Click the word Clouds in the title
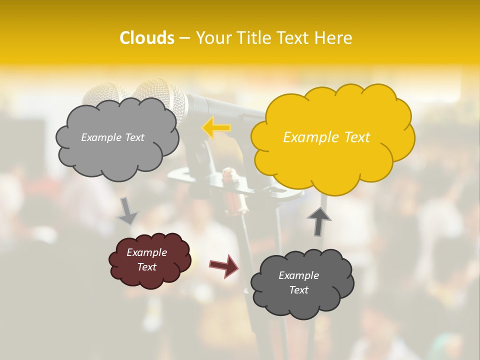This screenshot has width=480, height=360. click(x=147, y=38)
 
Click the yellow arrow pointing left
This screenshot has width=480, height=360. click(x=216, y=128)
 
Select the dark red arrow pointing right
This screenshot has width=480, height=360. click(x=224, y=265)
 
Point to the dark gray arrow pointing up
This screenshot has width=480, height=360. click(x=318, y=221)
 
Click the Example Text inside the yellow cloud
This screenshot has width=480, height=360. click(x=326, y=137)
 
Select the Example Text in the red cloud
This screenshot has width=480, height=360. click(x=147, y=259)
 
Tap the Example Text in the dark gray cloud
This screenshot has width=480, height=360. click(x=298, y=282)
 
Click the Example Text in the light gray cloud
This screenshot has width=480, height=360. click(x=112, y=137)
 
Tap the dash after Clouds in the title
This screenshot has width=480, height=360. click(x=184, y=38)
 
